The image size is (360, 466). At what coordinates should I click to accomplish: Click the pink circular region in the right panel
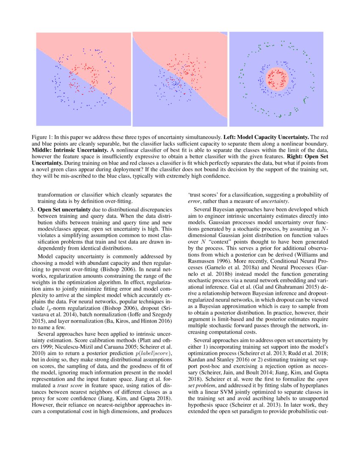coord(277,79)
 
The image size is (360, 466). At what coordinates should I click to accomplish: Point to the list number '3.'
coord(32,209)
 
